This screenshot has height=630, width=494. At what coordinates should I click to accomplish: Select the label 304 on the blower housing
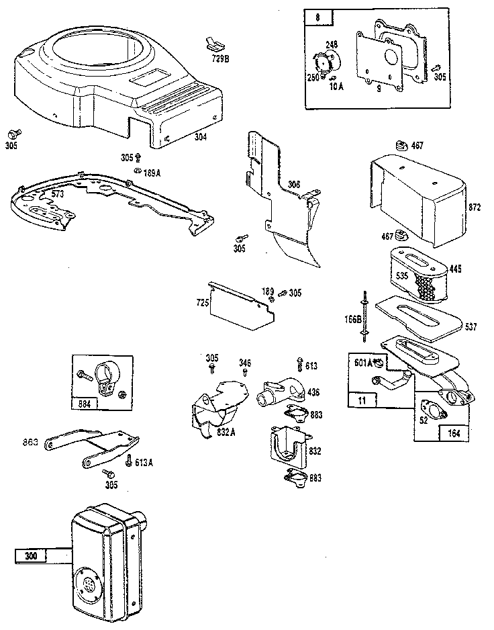200,137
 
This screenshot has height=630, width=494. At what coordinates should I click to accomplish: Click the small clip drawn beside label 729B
212,44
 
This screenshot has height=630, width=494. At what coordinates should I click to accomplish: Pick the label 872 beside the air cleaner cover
474,208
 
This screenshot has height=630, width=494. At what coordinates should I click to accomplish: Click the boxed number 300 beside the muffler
32,555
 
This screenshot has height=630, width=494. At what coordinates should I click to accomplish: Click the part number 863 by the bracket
32,443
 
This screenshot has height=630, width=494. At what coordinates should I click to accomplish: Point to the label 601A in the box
364,363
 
